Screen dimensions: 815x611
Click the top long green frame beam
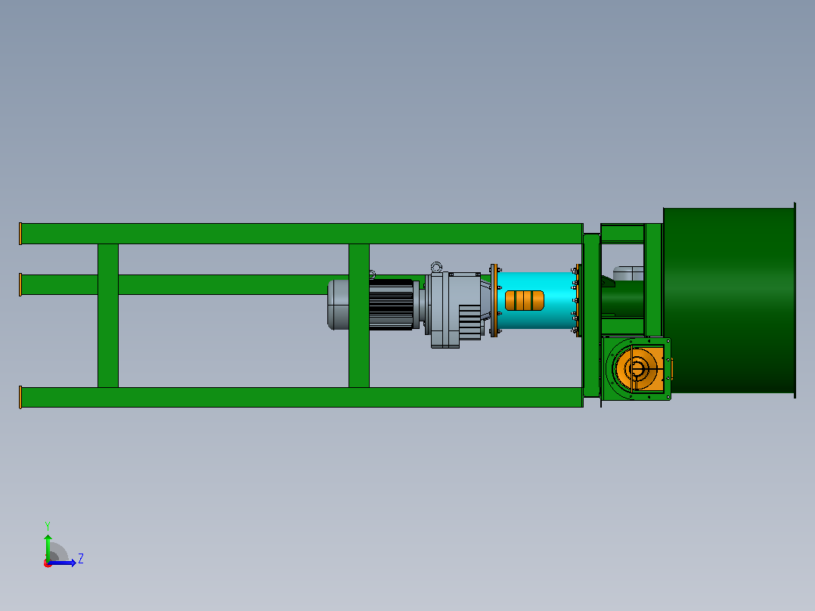(302, 234)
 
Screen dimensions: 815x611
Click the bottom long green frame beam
(302, 397)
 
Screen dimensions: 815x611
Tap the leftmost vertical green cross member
(108, 315)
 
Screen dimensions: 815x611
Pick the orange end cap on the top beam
(20, 234)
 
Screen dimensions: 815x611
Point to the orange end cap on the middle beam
(20, 284)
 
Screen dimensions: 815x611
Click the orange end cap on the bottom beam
(20, 397)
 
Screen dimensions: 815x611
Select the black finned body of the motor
(391, 305)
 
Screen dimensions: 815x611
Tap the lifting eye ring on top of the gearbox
(436, 267)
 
